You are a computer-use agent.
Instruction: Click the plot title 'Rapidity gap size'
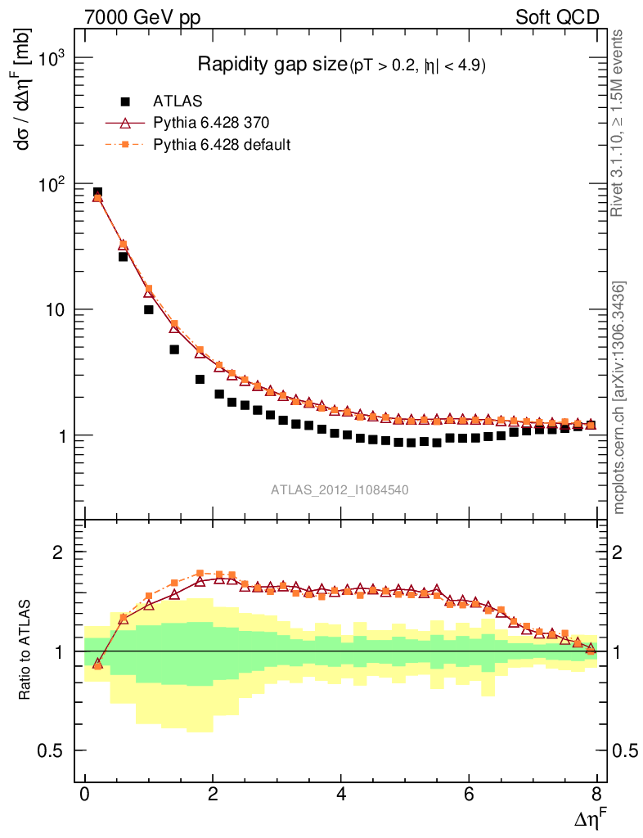point(272,65)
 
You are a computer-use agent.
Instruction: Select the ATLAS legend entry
point(178,101)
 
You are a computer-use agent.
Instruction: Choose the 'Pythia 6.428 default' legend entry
point(222,144)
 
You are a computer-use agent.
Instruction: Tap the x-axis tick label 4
point(341,795)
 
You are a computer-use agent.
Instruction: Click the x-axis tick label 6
point(469,795)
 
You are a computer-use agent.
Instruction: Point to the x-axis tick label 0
point(85,795)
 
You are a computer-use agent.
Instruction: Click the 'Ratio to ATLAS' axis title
point(25,651)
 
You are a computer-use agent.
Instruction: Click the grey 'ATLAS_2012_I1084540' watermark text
point(339,490)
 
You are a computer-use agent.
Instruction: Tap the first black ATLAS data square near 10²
point(97,192)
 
